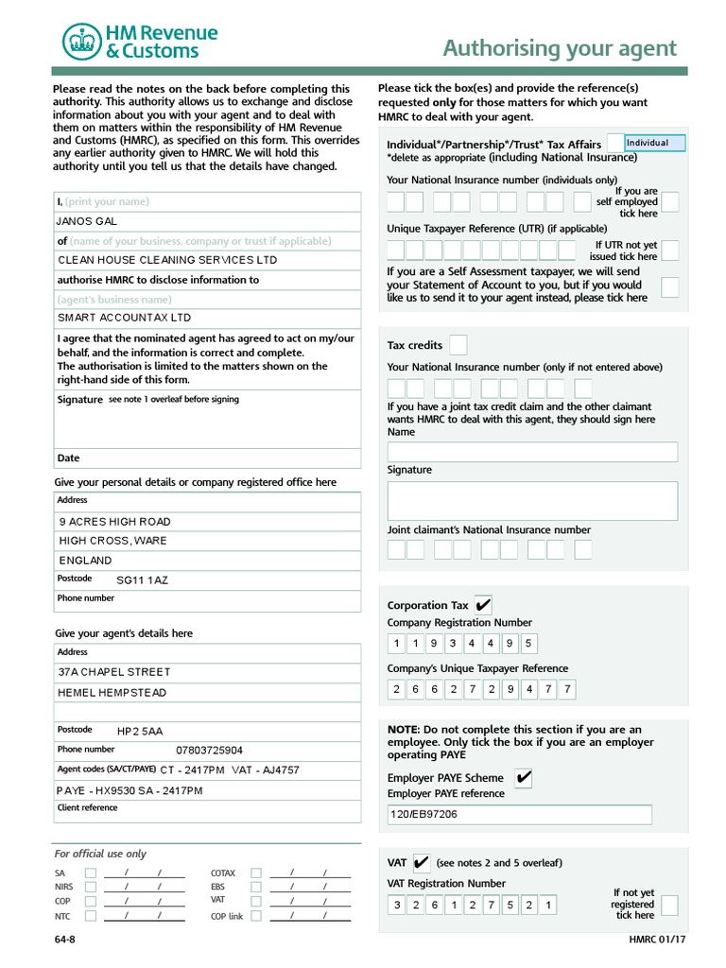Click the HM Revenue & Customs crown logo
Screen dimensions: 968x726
(81, 42)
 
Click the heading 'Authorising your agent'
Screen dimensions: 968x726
(560, 48)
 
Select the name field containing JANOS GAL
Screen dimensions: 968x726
(207, 221)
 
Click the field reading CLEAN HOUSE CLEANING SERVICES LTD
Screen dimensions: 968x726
(207, 260)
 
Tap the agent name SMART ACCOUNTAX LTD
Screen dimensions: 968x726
(207, 319)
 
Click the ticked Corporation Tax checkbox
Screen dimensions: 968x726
(482, 605)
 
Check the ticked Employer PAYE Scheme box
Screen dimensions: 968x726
(523, 778)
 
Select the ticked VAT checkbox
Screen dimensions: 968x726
(422, 862)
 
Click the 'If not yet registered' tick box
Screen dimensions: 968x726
(669, 906)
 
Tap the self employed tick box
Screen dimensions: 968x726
(669, 202)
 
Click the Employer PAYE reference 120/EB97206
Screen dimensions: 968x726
(519, 814)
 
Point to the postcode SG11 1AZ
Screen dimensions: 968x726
(142, 580)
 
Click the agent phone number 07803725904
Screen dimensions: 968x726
(209, 751)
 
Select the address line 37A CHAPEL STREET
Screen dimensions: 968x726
(207, 672)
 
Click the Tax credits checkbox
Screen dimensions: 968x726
(458, 345)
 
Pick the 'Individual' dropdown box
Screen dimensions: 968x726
(654, 144)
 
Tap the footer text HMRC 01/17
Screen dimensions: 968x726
(653, 940)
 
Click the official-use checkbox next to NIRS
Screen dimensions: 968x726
(90, 887)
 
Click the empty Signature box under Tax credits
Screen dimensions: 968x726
(532, 501)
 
